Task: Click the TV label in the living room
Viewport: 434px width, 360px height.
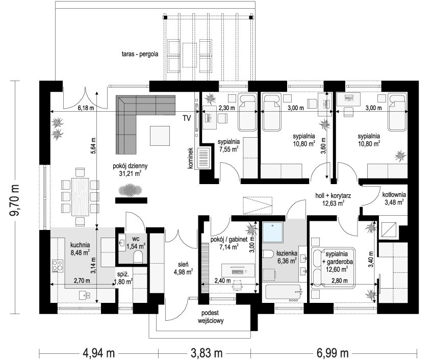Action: click(187, 118)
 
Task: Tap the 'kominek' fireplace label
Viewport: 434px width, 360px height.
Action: click(190, 158)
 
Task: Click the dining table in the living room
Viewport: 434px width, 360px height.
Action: click(80, 196)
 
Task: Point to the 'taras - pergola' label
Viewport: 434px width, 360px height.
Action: click(140, 54)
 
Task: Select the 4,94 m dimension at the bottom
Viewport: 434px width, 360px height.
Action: click(99, 353)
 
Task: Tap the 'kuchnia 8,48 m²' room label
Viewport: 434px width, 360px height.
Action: click(80, 248)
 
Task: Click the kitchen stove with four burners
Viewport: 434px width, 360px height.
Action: click(58, 266)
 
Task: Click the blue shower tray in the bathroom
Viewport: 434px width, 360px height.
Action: click(273, 232)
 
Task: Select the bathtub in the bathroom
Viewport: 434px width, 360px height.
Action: click(284, 292)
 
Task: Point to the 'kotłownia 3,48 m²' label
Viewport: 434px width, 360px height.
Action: click(394, 198)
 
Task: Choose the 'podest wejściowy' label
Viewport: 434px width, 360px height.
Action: click(211, 317)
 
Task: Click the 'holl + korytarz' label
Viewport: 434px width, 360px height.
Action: click(333, 196)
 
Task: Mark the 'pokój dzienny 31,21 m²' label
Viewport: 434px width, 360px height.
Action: click(130, 170)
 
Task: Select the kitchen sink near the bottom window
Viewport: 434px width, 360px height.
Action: click(84, 295)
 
